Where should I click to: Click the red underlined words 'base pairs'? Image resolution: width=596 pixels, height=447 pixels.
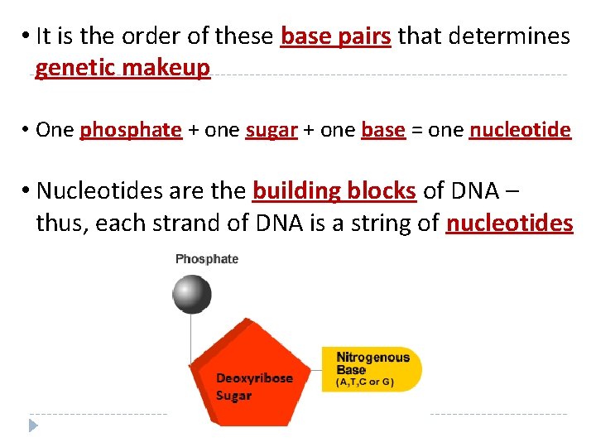(x=335, y=37)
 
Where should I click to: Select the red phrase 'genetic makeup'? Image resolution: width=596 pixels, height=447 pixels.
(x=123, y=68)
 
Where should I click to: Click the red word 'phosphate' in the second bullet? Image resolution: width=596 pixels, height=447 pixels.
(x=131, y=130)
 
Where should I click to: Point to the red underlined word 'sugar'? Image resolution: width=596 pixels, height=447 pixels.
(x=272, y=130)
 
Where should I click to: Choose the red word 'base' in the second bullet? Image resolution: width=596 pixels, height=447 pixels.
(x=383, y=130)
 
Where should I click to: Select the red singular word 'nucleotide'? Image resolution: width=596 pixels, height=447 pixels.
(x=520, y=130)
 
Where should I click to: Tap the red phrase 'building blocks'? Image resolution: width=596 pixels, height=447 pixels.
(x=334, y=191)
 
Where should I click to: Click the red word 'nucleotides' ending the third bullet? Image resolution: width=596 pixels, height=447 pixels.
(x=509, y=223)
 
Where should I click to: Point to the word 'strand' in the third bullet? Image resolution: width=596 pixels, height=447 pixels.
(x=172, y=223)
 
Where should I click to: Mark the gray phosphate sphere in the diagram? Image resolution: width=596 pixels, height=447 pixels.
(x=192, y=294)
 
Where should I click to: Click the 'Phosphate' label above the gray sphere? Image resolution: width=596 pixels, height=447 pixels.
(x=207, y=259)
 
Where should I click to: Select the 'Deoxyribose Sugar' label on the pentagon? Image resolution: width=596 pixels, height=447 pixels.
(x=253, y=387)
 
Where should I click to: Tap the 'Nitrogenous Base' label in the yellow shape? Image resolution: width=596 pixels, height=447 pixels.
(x=372, y=363)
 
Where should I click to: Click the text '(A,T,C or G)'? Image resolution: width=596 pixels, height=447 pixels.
(x=364, y=383)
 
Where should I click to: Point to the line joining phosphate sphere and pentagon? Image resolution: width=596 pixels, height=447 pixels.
(x=192, y=339)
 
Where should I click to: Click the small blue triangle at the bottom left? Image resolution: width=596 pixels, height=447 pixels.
(x=33, y=426)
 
